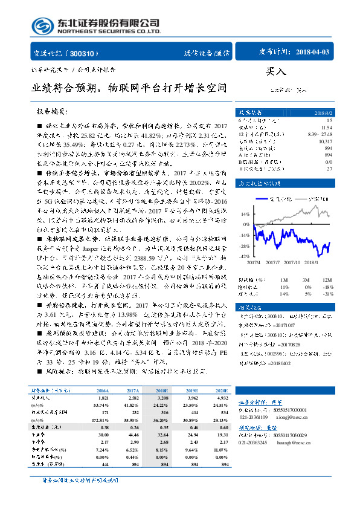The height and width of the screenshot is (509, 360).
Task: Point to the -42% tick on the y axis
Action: pos(245,257)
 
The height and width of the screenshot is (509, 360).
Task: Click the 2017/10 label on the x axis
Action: pos(292,262)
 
